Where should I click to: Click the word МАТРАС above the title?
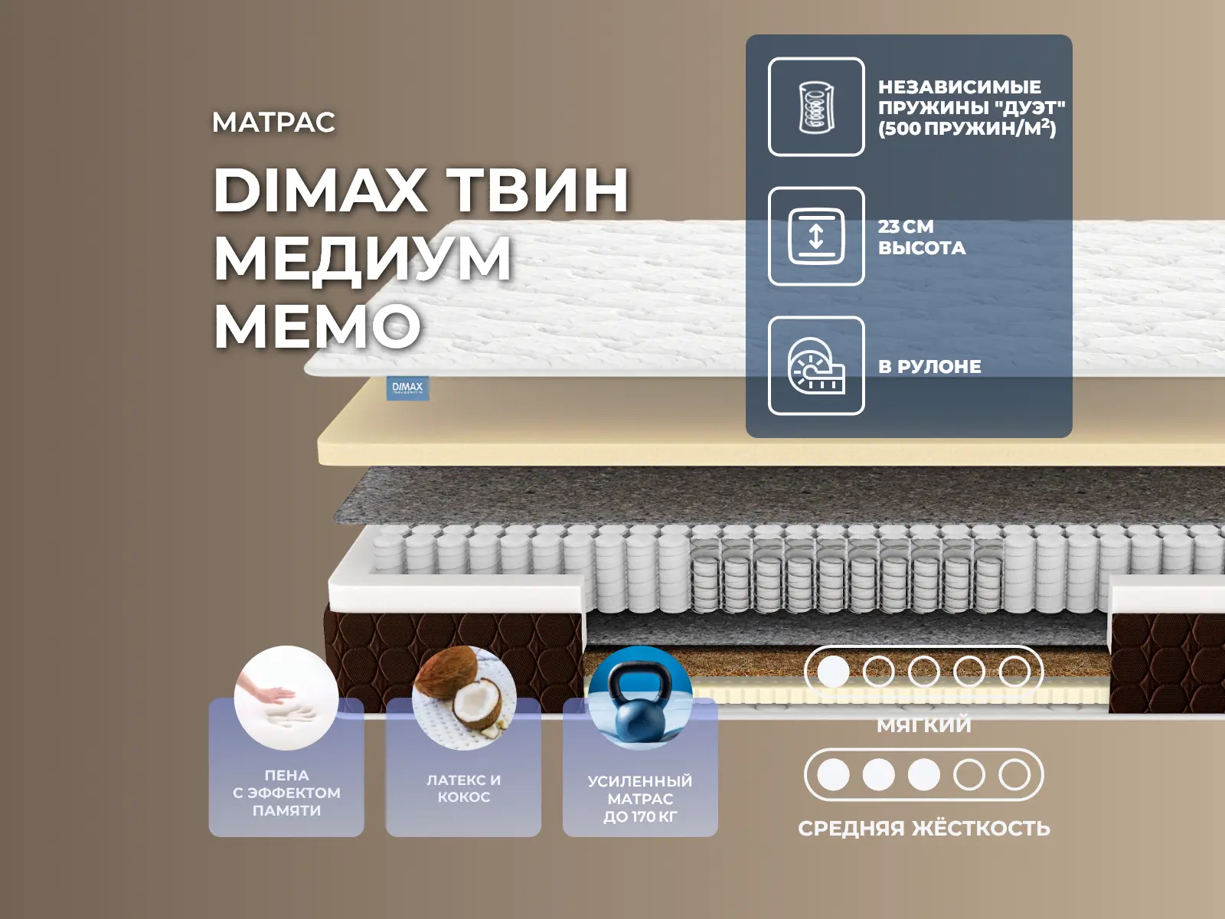tap(273, 123)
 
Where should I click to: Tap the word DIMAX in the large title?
tap(318, 190)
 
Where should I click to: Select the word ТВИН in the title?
tap(539, 190)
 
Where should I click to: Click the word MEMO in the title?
tap(318, 326)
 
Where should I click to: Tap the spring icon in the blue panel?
tap(816, 107)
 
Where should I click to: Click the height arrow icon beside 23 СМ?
tap(816, 237)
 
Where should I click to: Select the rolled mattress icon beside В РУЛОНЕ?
tap(816, 366)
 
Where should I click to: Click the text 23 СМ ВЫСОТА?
tap(921, 237)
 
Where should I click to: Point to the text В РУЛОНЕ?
tap(929, 367)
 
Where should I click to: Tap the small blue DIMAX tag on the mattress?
tap(407, 388)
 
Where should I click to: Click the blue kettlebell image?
tap(640, 698)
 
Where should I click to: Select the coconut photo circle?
tap(464, 698)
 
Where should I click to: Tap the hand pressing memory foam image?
tap(286, 698)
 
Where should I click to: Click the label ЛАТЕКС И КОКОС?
tap(464, 789)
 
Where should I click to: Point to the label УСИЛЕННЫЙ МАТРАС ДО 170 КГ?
tap(640, 799)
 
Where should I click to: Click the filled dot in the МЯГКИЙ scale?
tap(833, 672)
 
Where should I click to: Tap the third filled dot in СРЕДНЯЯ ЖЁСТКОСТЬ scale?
tap(923, 775)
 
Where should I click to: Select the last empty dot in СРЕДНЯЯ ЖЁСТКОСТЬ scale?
tap(1014, 775)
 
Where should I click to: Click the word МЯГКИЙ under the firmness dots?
tap(923, 725)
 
